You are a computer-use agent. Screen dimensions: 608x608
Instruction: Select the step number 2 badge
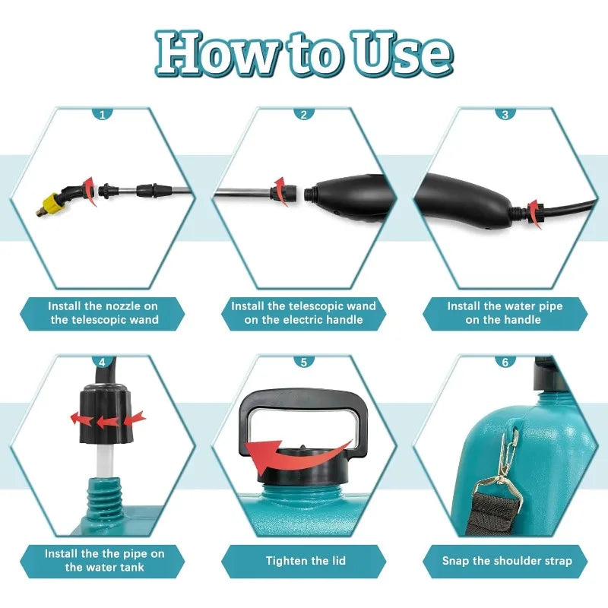click(x=304, y=115)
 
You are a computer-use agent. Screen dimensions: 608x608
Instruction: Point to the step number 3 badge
click(x=505, y=115)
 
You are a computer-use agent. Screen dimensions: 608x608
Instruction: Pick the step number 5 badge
click(x=304, y=362)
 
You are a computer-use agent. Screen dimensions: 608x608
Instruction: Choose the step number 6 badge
click(x=505, y=362)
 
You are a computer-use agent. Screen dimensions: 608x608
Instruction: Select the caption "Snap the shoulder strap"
click(x=507, y=561)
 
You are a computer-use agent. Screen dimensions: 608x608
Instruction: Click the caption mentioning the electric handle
click(x=304, y=313)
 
